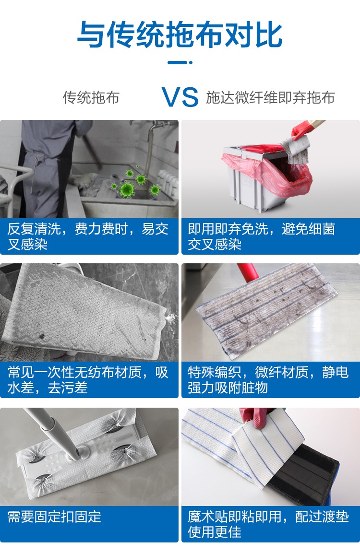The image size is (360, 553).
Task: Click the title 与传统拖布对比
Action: pos(180,35)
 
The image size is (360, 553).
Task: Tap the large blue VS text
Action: pos(180,97)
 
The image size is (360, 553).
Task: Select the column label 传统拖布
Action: pos(91,98)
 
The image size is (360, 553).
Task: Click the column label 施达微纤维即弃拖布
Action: pos(270,98)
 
